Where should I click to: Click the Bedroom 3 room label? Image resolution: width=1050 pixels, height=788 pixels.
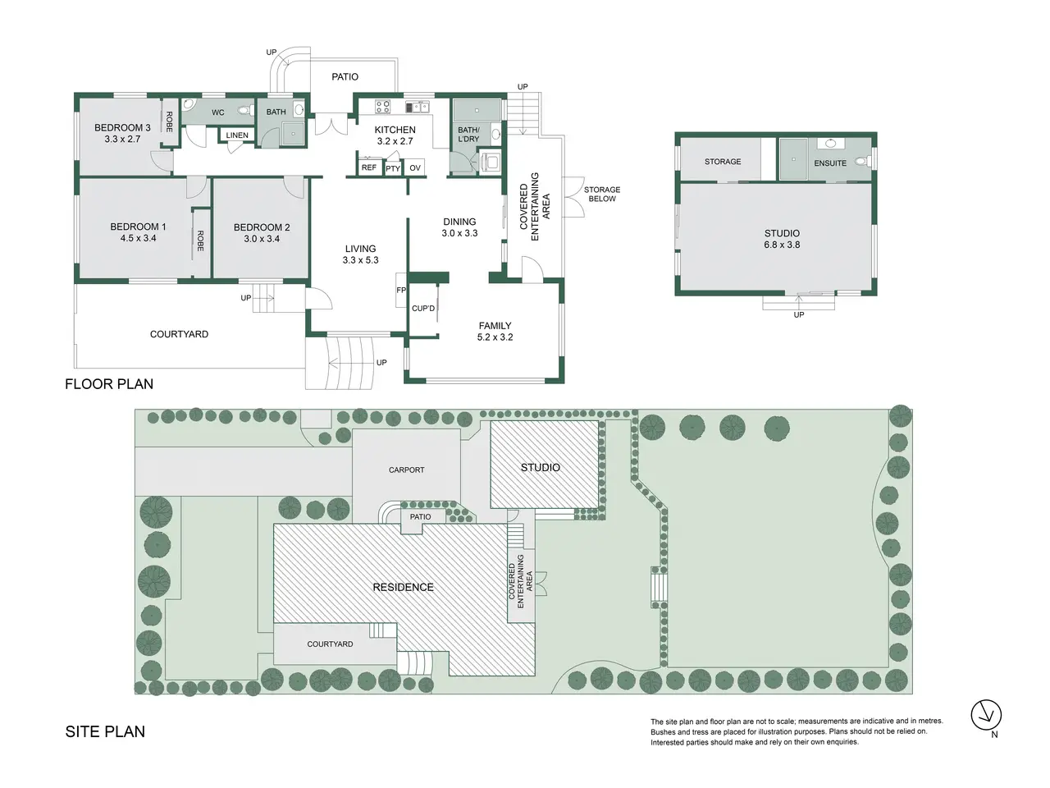click(x=122, y=128)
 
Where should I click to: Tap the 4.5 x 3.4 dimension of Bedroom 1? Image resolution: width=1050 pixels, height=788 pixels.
click(x=139, y=238)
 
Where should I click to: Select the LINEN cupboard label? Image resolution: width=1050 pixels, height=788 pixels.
click(x=237, y=135)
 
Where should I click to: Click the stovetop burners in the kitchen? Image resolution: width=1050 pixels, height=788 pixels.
click(x=382, y=106)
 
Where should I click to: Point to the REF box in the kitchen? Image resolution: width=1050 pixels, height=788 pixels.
click(x=369, y=167)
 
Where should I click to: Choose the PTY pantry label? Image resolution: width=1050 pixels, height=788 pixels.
click(x=393, y=168)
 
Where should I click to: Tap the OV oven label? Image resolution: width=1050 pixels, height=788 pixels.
click(x=415, y=168)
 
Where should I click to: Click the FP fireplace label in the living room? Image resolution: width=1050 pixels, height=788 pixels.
click(x=401, y=290)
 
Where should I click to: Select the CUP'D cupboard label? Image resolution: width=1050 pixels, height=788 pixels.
click(x=423, y=309)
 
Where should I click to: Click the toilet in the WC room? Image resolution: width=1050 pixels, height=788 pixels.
click(x=246, y=111)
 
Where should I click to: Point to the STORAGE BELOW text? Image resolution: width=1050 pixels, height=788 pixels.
click(x=602, y=195)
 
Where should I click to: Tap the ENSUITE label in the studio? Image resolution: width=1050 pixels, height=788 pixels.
click(x=830, y=163)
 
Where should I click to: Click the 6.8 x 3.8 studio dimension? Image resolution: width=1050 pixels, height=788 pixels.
click(x=782, y=245)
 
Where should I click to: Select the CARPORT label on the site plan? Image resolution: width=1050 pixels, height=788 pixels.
click(x=406, y=470)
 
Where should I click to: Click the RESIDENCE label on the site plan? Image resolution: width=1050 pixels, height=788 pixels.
click(x=403, y=587)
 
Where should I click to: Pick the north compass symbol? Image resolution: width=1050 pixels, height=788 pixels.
click(x=986, y=715)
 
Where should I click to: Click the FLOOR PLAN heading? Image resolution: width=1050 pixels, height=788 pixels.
click(x=109, y=384)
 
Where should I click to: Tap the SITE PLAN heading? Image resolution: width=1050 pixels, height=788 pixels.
click(x=105, y=731)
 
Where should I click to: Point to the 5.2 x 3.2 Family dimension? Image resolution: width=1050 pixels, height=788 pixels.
click(x=495, y=337)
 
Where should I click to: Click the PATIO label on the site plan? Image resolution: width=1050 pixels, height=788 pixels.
click(x=420, y=517)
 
